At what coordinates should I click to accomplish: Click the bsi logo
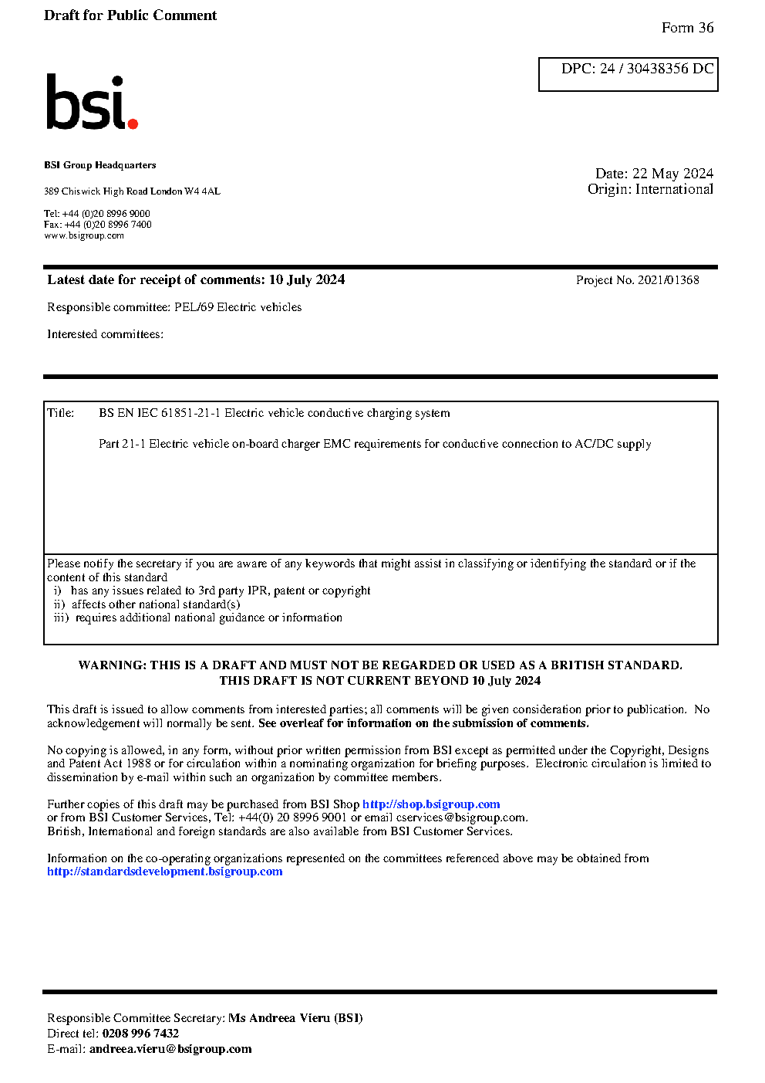91,102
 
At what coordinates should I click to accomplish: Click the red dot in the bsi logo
133,124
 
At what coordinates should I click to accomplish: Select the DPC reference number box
628,74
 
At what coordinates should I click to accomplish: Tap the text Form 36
687,28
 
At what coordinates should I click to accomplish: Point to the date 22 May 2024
672,174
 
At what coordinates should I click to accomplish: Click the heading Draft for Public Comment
130,15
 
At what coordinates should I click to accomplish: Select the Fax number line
98,225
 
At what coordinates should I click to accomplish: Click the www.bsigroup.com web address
84,236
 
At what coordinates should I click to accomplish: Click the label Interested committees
105,334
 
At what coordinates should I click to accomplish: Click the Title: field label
61,413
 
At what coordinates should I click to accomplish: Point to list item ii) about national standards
147,604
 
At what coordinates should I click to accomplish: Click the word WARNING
111,665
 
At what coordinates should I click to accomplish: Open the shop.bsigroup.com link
431,804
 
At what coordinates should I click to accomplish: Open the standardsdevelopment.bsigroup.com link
164,871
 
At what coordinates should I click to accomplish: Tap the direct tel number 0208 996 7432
140,1034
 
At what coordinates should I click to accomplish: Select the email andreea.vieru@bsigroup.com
170,1049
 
